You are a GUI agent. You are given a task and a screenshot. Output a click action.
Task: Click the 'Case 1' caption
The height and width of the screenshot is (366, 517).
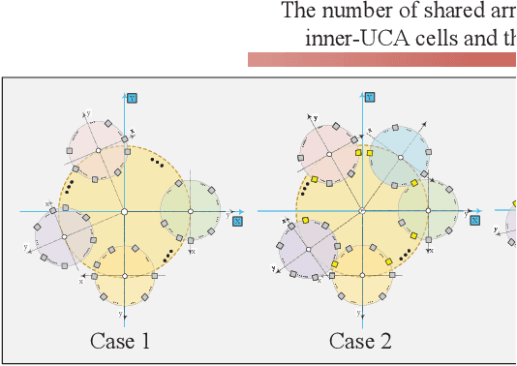click(120, 341)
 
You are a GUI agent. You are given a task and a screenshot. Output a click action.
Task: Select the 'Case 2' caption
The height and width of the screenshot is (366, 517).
click(359, 341)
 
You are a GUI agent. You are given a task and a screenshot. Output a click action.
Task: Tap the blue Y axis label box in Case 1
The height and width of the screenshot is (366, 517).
click(132, 97)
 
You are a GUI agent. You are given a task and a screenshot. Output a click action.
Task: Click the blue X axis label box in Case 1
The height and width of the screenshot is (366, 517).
click(237, 221)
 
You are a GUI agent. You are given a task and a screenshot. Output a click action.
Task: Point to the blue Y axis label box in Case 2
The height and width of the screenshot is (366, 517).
click(370, 97)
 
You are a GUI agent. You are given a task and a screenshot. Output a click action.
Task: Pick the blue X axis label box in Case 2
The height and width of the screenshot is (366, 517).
click(475, 221)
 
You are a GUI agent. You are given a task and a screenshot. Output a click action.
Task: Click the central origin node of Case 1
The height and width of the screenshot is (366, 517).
click(124, 211)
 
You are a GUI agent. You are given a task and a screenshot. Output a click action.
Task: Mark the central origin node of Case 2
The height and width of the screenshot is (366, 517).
click(362, 211)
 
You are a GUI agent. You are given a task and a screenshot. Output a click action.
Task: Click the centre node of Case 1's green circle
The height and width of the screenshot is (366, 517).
click(191, 211)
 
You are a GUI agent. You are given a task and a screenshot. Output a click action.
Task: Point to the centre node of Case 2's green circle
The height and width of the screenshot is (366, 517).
click(429, 211)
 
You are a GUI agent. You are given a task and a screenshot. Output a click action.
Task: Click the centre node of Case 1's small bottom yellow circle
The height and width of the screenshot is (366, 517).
click(123, 275)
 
